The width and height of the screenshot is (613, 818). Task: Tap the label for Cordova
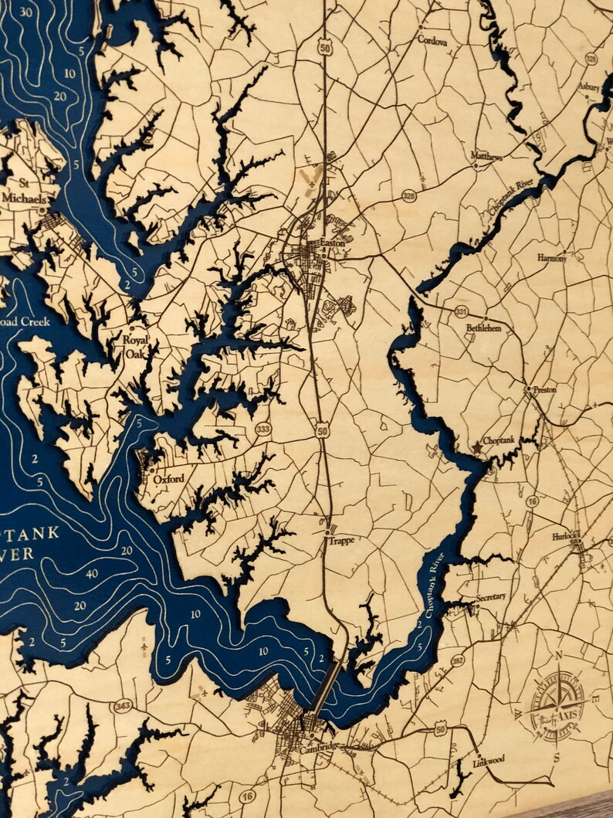pyautogui.click(x=432, y=39)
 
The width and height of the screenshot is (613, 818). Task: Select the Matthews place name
pyautogui.click(x=487, y=157)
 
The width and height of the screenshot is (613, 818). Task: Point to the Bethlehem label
pyautogui.click(x=483, y=328)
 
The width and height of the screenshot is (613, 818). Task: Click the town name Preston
pyautogui.click(x=544, y=391)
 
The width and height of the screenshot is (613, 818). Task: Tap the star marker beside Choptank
pyautogui.click(x=477, y=446)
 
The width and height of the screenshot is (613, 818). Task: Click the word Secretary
pyautogui.click(x=491, y=597)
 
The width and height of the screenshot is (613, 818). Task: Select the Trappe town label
pyautogui.click(x=340, y=541)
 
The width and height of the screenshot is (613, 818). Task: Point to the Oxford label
pyautogui.click(x=168, y=479)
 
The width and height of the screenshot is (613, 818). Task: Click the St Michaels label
pyautogui.click(x=34, y=190)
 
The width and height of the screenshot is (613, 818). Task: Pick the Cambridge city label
pyautogui.click(x=318, y=746)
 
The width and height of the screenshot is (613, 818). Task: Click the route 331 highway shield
pyautogui.click(x=461, y=311)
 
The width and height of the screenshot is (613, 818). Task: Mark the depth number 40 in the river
pyautogui.click(x=91, y=573)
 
